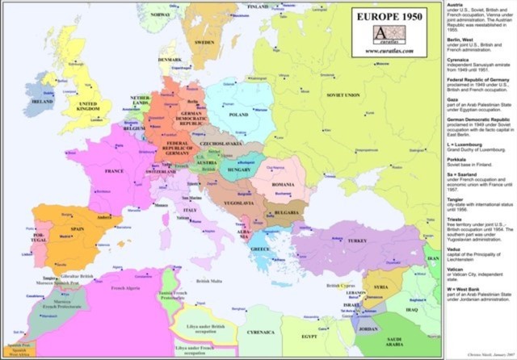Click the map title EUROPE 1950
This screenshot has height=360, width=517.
pyautogui.click(x=388, y=16)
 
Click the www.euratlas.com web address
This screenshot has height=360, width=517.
pyautogui.click(x=389, y=51)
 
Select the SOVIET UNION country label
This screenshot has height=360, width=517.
pyautogui.click(x=343, y=94)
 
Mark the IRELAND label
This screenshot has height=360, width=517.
pyautogui.click(x=42, y=103)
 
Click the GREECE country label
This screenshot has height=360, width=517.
pyautogui.click(x=261, y=249)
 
